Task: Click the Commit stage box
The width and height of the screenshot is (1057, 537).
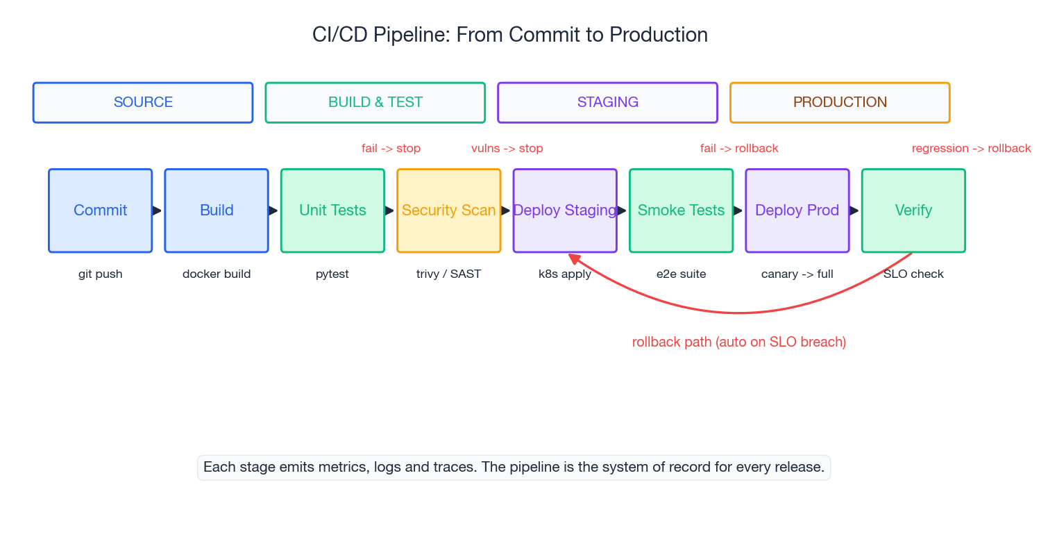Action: pos(100,210)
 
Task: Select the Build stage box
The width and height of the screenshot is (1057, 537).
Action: pos(217,210)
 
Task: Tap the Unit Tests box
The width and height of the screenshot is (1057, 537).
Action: pos(332,210)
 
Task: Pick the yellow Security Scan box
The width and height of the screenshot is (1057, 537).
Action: pos(448,210)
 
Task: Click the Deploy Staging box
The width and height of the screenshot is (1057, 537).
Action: pos(565,210)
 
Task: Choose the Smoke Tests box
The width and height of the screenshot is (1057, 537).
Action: pos(681,210)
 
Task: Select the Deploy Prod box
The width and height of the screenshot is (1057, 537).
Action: pos(797,210)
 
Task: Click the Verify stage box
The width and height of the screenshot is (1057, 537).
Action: pos(913,210)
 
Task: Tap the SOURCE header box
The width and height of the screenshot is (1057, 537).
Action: pos(143,103)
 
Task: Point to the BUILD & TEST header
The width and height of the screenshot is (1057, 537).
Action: pos(375,103)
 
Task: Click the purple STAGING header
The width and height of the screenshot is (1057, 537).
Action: pos(607,103)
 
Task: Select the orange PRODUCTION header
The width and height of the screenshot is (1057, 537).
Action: pos(840,103)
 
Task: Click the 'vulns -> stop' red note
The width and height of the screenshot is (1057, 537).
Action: pos(507,149)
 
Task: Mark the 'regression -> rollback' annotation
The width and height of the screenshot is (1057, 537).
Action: pos(971,149)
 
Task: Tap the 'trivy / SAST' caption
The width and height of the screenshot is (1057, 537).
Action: pos(448,274)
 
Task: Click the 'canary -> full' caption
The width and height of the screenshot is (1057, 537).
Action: pos(797,274)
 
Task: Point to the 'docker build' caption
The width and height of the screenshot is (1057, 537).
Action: pos(217,274)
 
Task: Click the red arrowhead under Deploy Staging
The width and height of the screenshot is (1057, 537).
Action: pos(573,258)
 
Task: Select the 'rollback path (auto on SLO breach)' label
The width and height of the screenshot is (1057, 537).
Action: pos(738,342)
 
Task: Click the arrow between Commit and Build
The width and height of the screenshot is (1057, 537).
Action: pos(158,210)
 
